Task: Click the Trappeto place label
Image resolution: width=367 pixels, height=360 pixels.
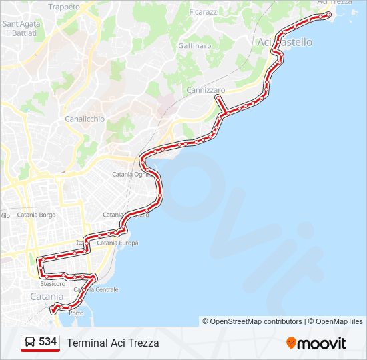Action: [x=64, y=7]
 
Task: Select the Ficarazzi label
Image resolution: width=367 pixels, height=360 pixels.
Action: [x=204, y=13]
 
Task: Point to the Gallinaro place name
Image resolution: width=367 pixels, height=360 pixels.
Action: [x=195, y=46]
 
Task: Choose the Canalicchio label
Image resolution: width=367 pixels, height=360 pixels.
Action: [x=85, y=119]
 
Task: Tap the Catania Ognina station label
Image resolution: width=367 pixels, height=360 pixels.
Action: [x=130, y=174]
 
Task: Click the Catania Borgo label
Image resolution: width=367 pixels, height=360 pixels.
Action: [x=36, y=215]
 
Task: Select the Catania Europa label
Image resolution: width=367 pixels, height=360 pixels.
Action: [x=117, y=243]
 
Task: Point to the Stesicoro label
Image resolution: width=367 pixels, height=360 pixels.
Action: [x=53, y=283]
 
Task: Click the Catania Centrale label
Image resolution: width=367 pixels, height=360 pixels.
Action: [x=96, y=290]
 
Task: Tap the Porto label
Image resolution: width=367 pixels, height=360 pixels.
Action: [x=76, y=313]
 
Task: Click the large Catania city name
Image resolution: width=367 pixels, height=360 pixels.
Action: [x=47, y=296]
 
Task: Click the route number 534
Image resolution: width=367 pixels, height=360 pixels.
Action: [x=47, y=342]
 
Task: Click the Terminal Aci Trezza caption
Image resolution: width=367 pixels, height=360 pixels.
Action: [x=113, y=343]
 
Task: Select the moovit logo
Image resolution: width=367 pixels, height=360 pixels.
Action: [x=316, y=343]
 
